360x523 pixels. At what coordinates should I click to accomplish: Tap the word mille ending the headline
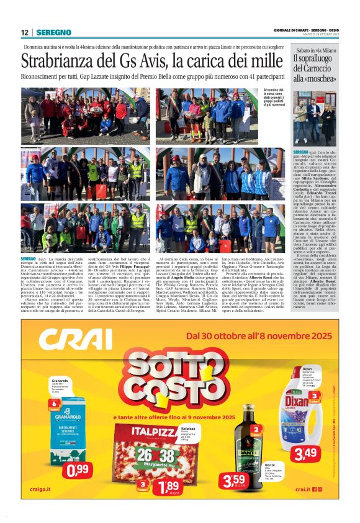pos(263,61)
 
